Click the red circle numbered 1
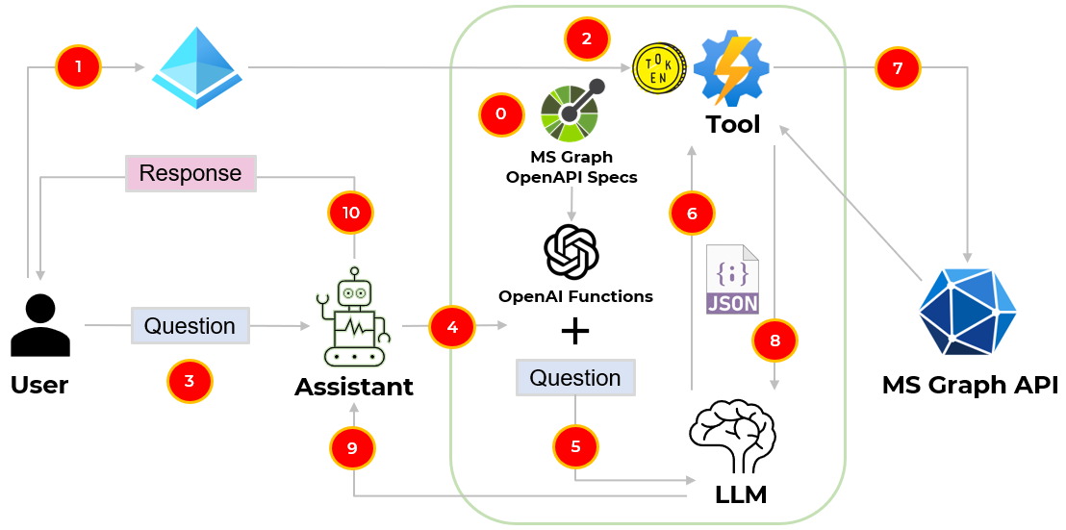[79, 67]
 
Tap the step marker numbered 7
[898, 68]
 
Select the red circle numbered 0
[501, 114]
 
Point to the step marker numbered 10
[351, 213]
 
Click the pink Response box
[190, 173]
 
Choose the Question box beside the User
[190, 326]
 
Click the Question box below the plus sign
[575, 378]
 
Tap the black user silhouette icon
[39, 326]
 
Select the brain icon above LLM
[733, 437]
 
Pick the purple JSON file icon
[732, 280]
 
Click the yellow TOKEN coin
[659, 68]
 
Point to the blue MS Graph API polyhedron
[968, 307]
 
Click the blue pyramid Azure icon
[198, 67]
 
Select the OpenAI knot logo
[572, 251]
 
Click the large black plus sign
[574, 332]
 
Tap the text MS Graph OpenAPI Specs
[571, 166]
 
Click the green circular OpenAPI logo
[571, 112]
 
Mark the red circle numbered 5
[575, 446]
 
